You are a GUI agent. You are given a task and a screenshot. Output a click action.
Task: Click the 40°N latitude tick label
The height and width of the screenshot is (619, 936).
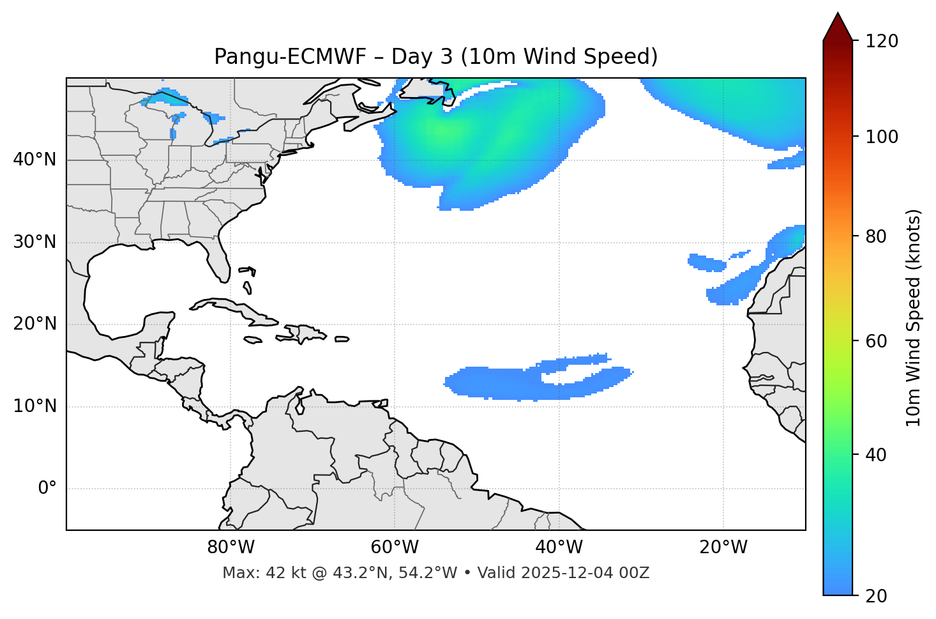[x=34, y=160]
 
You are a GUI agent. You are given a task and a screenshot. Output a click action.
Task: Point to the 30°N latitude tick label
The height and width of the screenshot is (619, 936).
[x=34, y=242]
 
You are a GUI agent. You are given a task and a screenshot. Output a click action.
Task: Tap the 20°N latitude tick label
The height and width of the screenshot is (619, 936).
[x=34, y=324]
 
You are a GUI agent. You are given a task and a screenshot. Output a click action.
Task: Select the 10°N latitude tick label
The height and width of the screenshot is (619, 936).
[x=34, y=406]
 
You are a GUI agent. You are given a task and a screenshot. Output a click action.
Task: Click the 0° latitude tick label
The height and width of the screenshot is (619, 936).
[x=47, y=489]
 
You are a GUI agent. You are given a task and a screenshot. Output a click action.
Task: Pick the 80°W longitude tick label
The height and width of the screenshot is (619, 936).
[x=230, y=547]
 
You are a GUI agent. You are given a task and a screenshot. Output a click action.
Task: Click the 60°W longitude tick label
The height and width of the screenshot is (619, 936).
[x=395, y=547]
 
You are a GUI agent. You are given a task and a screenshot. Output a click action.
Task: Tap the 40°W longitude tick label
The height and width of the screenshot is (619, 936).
[x=559, y=547]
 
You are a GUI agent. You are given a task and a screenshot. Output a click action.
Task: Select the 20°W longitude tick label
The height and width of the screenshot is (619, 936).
[x=723, y=547]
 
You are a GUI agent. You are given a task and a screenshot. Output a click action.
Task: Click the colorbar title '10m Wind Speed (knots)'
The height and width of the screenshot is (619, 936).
[x=914, y=318]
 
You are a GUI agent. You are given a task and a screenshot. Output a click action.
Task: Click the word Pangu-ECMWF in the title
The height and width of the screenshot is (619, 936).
[x=290, y=57]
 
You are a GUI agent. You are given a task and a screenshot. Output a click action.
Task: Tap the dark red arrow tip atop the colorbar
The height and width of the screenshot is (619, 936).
[x=838, y=26]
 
